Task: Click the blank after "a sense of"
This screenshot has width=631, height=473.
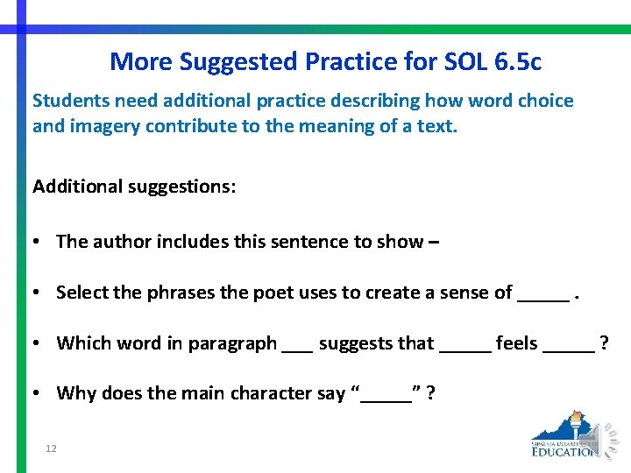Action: (542, 298)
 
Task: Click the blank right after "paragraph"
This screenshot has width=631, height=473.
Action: (297, 349)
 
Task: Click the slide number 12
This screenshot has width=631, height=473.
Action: (51, 449)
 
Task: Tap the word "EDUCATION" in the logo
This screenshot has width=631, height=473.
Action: (565, 452)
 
